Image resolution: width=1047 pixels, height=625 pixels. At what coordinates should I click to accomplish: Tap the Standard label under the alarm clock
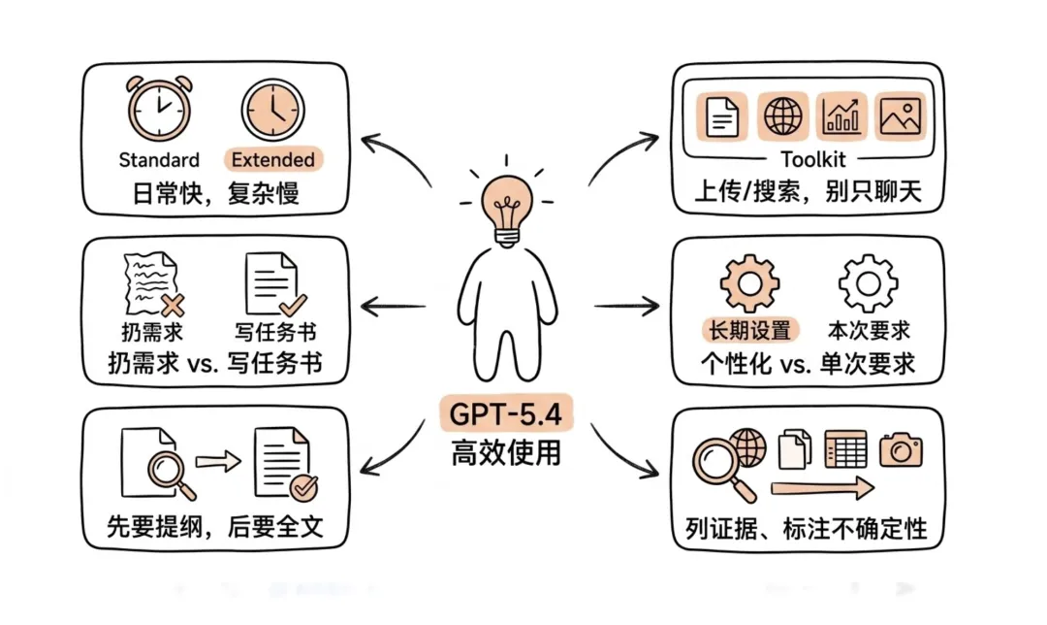click(159, 160)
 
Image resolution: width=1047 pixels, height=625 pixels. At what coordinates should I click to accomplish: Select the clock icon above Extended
click(272, 109)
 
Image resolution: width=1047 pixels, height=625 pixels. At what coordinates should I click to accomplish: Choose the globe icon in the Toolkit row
click(781, 117)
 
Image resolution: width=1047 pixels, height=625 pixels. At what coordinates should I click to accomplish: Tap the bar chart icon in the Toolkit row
click(841, 117)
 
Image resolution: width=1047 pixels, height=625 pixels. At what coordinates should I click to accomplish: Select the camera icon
click(901, 448)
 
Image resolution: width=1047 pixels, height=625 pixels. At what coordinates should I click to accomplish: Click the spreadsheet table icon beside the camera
click(845, 448)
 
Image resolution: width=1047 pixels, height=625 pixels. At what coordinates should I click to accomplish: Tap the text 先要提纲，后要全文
click(214, 527)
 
